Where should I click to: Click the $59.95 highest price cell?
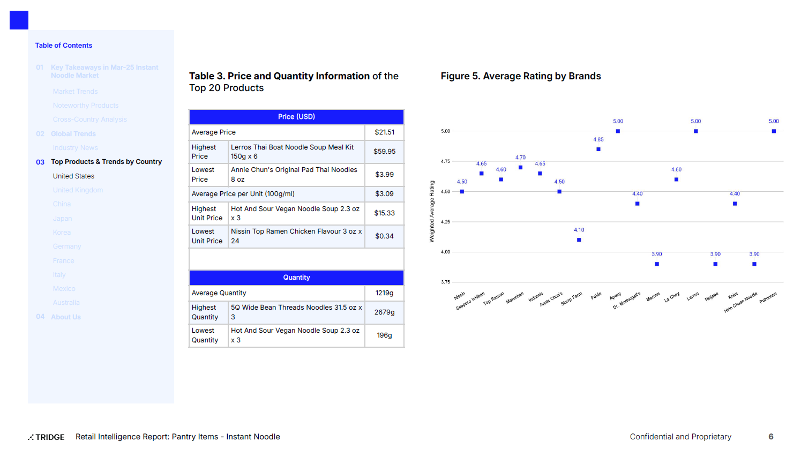tap(384, 152)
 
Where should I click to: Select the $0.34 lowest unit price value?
tap(384, 236)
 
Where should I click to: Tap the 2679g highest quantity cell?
tap(384, 312)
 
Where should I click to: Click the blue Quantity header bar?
tap(296, 278)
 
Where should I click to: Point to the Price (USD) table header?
tap(296, 117)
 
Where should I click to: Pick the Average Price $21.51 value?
tap(384, 132)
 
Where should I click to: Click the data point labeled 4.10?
tap(579, 240)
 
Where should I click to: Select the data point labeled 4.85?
tap(598, 149)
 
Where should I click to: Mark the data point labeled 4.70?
tap(520, 168)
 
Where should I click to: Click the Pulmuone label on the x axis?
tap(768, 298)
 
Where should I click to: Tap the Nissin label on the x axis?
tap(460, 296)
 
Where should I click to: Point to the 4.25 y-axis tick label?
tap(445, 222)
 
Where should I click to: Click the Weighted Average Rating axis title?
tap(432, 212)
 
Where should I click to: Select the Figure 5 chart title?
tap(520, 76)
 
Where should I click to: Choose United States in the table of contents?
tap(73, 176)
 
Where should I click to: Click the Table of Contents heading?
tap(64, 46)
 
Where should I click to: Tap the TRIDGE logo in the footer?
tap(47, 437)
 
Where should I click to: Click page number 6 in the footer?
tap(771, 437)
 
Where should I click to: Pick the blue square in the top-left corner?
tap(19, 20)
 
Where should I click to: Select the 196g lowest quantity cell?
tap(384, 335)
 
